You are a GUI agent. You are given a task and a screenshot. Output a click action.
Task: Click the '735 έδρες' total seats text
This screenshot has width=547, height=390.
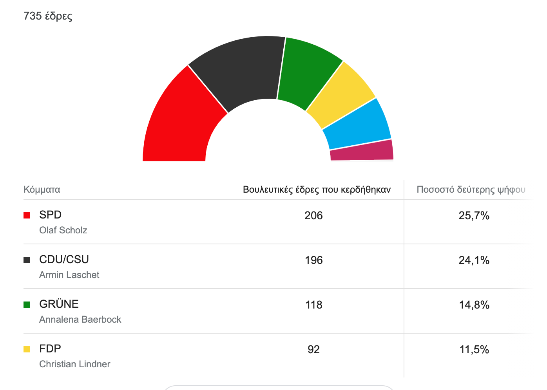(x=48, y=16)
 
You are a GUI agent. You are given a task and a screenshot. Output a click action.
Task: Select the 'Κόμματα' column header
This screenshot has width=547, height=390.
(x=42, y=190)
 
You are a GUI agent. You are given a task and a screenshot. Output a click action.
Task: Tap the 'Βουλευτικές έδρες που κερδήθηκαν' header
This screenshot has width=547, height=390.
(x=317, y=190)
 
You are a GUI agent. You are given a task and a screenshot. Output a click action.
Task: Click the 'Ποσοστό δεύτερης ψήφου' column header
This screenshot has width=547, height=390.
(x=471, y=190)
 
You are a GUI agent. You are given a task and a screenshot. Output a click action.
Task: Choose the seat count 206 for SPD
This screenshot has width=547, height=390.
(x=313, y=216)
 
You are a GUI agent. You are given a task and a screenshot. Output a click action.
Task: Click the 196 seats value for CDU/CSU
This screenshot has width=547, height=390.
(x=313, y=260)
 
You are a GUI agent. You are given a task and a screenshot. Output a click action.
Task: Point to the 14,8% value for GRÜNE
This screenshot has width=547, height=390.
(x=474, y=305)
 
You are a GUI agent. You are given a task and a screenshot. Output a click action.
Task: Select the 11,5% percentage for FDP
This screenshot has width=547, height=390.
(x=474, y=350)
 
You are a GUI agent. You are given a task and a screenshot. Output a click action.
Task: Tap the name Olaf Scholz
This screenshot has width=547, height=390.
(x=63, y=230)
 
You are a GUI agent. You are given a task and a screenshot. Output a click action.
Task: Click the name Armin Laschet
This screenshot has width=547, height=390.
(x=69, y=275)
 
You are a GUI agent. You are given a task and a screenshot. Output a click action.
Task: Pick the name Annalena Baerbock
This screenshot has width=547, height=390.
(x=80, y=320)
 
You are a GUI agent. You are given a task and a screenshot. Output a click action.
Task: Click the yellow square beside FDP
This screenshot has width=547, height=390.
(x=27, y=349)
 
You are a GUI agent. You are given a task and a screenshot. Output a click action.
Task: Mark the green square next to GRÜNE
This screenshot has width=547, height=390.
(x=27, y=305)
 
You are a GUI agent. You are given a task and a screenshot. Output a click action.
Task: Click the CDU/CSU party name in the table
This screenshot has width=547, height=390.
(x=64, y=260)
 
